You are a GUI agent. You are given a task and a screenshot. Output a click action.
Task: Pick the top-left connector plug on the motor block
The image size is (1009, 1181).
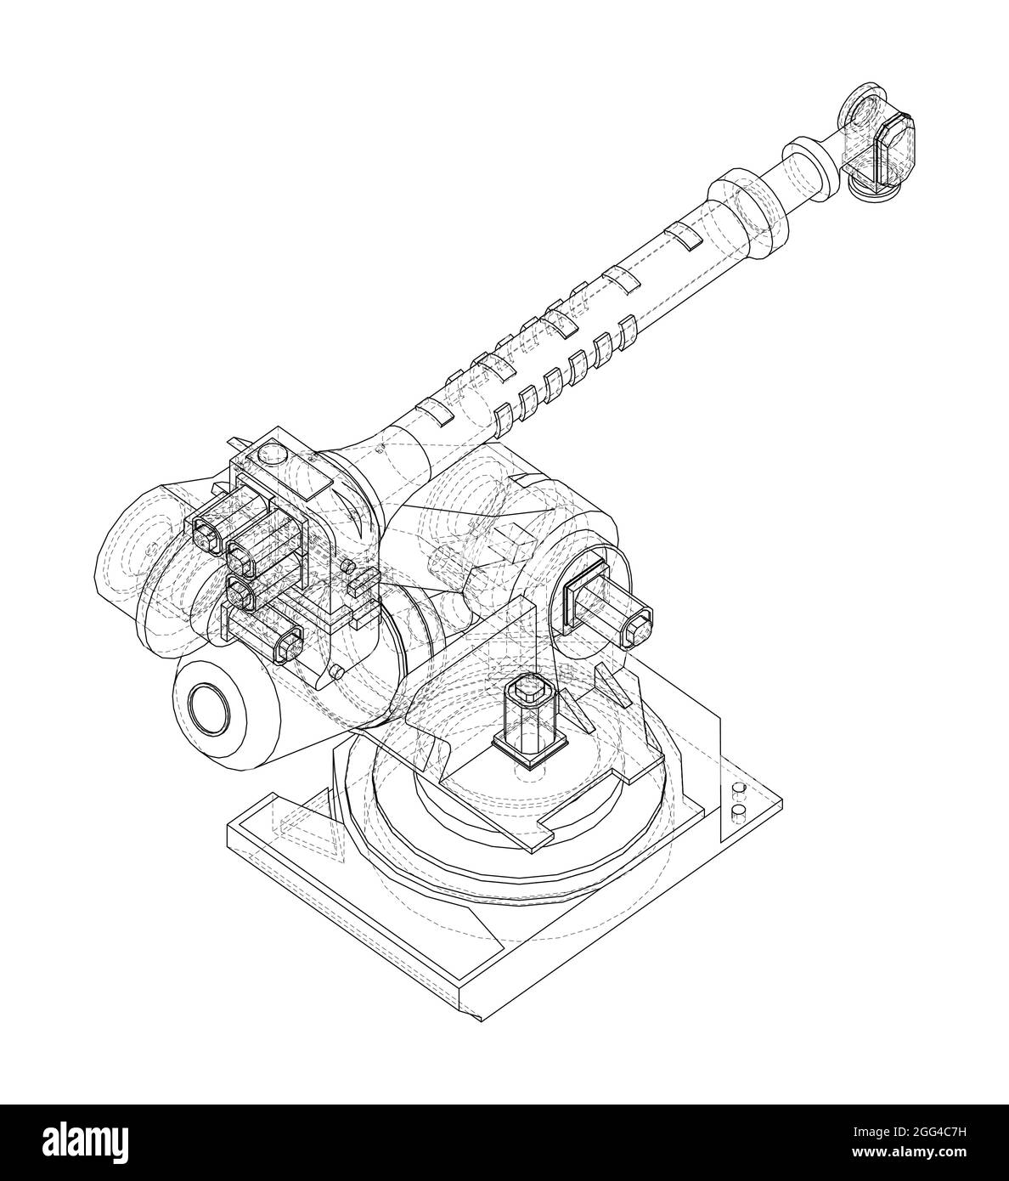tap(207, 535)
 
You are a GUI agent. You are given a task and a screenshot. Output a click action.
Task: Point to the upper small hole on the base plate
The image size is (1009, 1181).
tap(737, 790)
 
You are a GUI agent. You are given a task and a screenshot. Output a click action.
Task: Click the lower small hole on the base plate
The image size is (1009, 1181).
tap(737, 814)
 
